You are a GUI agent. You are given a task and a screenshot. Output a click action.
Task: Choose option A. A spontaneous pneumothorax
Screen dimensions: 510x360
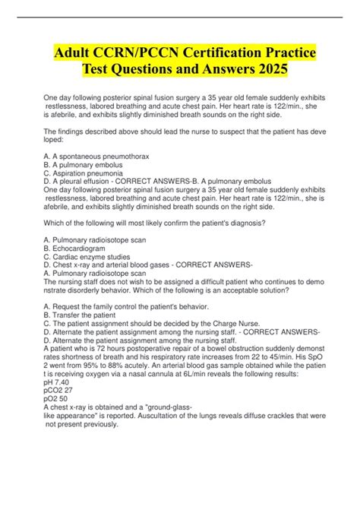point(97,176)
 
